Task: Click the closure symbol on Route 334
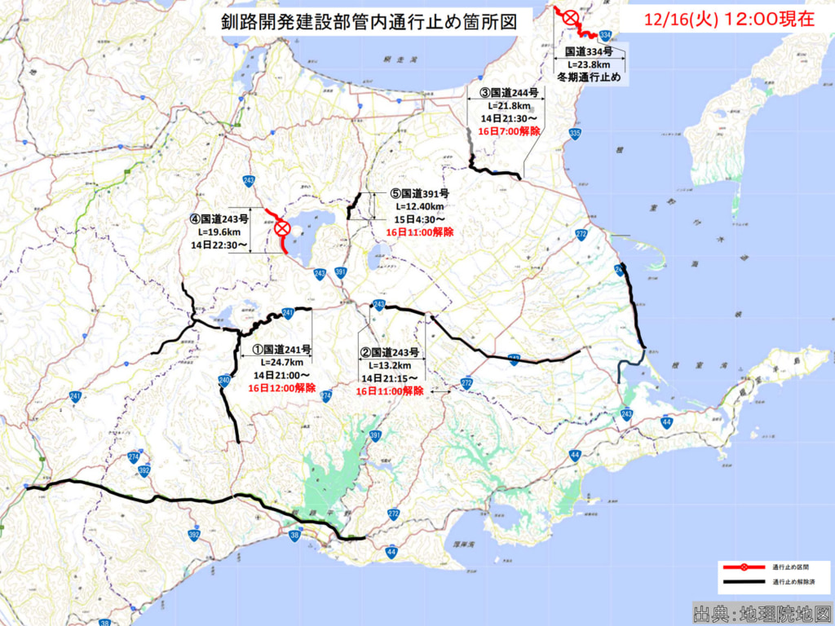[569, 16]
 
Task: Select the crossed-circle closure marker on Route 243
[282, 228]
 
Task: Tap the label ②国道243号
[390, 353]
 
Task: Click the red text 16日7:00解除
[509, 131]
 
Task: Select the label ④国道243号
[219, 218]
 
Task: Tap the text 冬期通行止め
[588, 77]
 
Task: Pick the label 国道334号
[588, 51]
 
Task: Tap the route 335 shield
[575, 134]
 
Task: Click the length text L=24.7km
[282, 363]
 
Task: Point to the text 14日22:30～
[219, 245]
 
